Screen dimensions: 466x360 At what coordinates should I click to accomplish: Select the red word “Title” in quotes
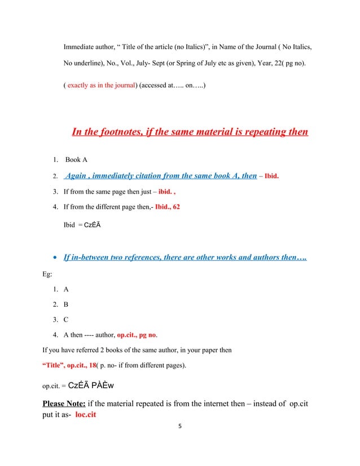click(x=54, y=365)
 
